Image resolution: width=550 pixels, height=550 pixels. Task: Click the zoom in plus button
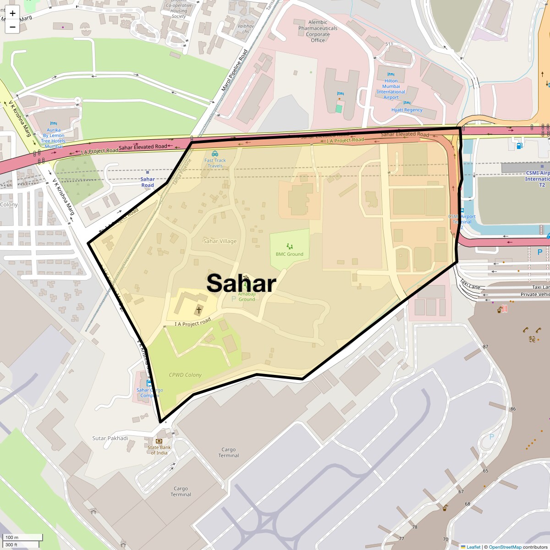tap(12, 13)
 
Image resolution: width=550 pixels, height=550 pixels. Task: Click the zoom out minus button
tap(12, 27)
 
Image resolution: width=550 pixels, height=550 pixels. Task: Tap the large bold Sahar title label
tap(241, 283)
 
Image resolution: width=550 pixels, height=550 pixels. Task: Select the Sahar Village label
tap(220, 241)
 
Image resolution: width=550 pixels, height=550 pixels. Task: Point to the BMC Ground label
tap(289, 254)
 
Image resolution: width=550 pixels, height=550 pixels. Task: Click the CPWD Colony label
tap(185, 375)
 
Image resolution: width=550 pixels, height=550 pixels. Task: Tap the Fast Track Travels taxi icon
tap(215, 154)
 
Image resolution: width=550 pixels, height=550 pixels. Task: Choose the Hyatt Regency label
tap(407, 110)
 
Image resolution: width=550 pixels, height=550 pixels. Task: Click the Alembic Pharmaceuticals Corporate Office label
tap(318, 31)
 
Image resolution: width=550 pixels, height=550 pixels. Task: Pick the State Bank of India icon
tap(159, 441)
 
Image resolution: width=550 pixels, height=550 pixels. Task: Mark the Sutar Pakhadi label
tap(110, 438)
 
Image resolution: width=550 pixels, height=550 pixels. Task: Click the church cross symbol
tap(199, 310)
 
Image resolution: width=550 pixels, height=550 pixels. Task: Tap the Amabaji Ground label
tap(247, 297)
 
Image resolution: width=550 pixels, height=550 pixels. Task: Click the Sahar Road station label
tap(148, 182)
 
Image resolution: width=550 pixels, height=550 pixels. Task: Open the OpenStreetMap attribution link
tap(505, 547)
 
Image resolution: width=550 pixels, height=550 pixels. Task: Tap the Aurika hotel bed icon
tap(54, 124)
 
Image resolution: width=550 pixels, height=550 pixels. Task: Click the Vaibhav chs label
tap(246, 29)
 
